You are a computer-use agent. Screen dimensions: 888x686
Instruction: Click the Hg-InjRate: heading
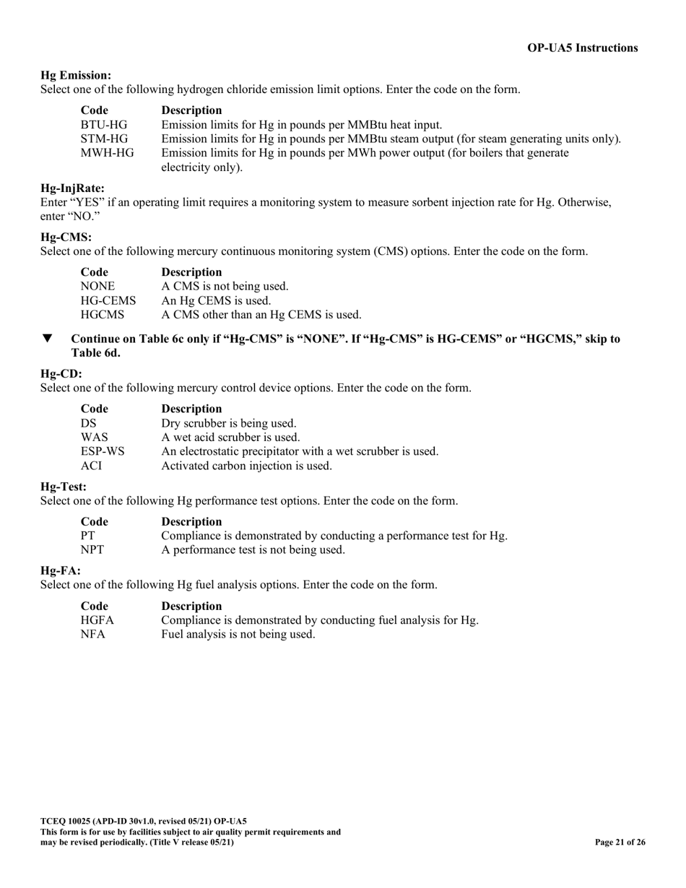(72, 188)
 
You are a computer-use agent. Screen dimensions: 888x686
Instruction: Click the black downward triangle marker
(48, 339)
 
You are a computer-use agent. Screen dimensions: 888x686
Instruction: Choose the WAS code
(95, 438)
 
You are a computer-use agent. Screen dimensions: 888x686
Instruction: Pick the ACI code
(92, 466)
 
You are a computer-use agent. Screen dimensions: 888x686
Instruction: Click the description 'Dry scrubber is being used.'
(228, 423)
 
